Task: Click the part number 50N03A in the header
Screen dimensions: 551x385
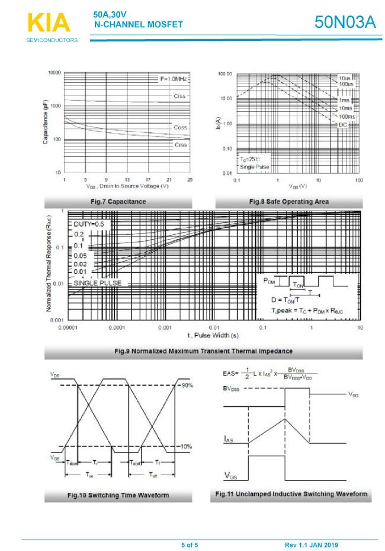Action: pos(345,23)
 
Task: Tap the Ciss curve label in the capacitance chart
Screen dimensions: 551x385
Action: pos(179,95)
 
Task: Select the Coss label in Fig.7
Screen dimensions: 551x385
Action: pos(180,128)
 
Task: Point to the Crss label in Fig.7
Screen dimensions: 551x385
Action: pos(180,145)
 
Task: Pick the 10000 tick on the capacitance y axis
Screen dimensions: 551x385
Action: pos(54,72)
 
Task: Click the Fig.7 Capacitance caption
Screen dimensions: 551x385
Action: pos(118,202)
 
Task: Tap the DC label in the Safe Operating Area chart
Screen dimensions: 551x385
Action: pos(342,125)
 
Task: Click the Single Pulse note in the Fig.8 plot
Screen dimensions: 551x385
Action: pos(255,167)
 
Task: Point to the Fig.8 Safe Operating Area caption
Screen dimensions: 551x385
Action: pos(289,202)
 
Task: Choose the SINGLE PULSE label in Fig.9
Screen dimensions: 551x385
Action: pos(98,283)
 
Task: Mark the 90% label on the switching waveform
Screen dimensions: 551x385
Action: pos(188,386)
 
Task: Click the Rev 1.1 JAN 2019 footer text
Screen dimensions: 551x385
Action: pos(312,545)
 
